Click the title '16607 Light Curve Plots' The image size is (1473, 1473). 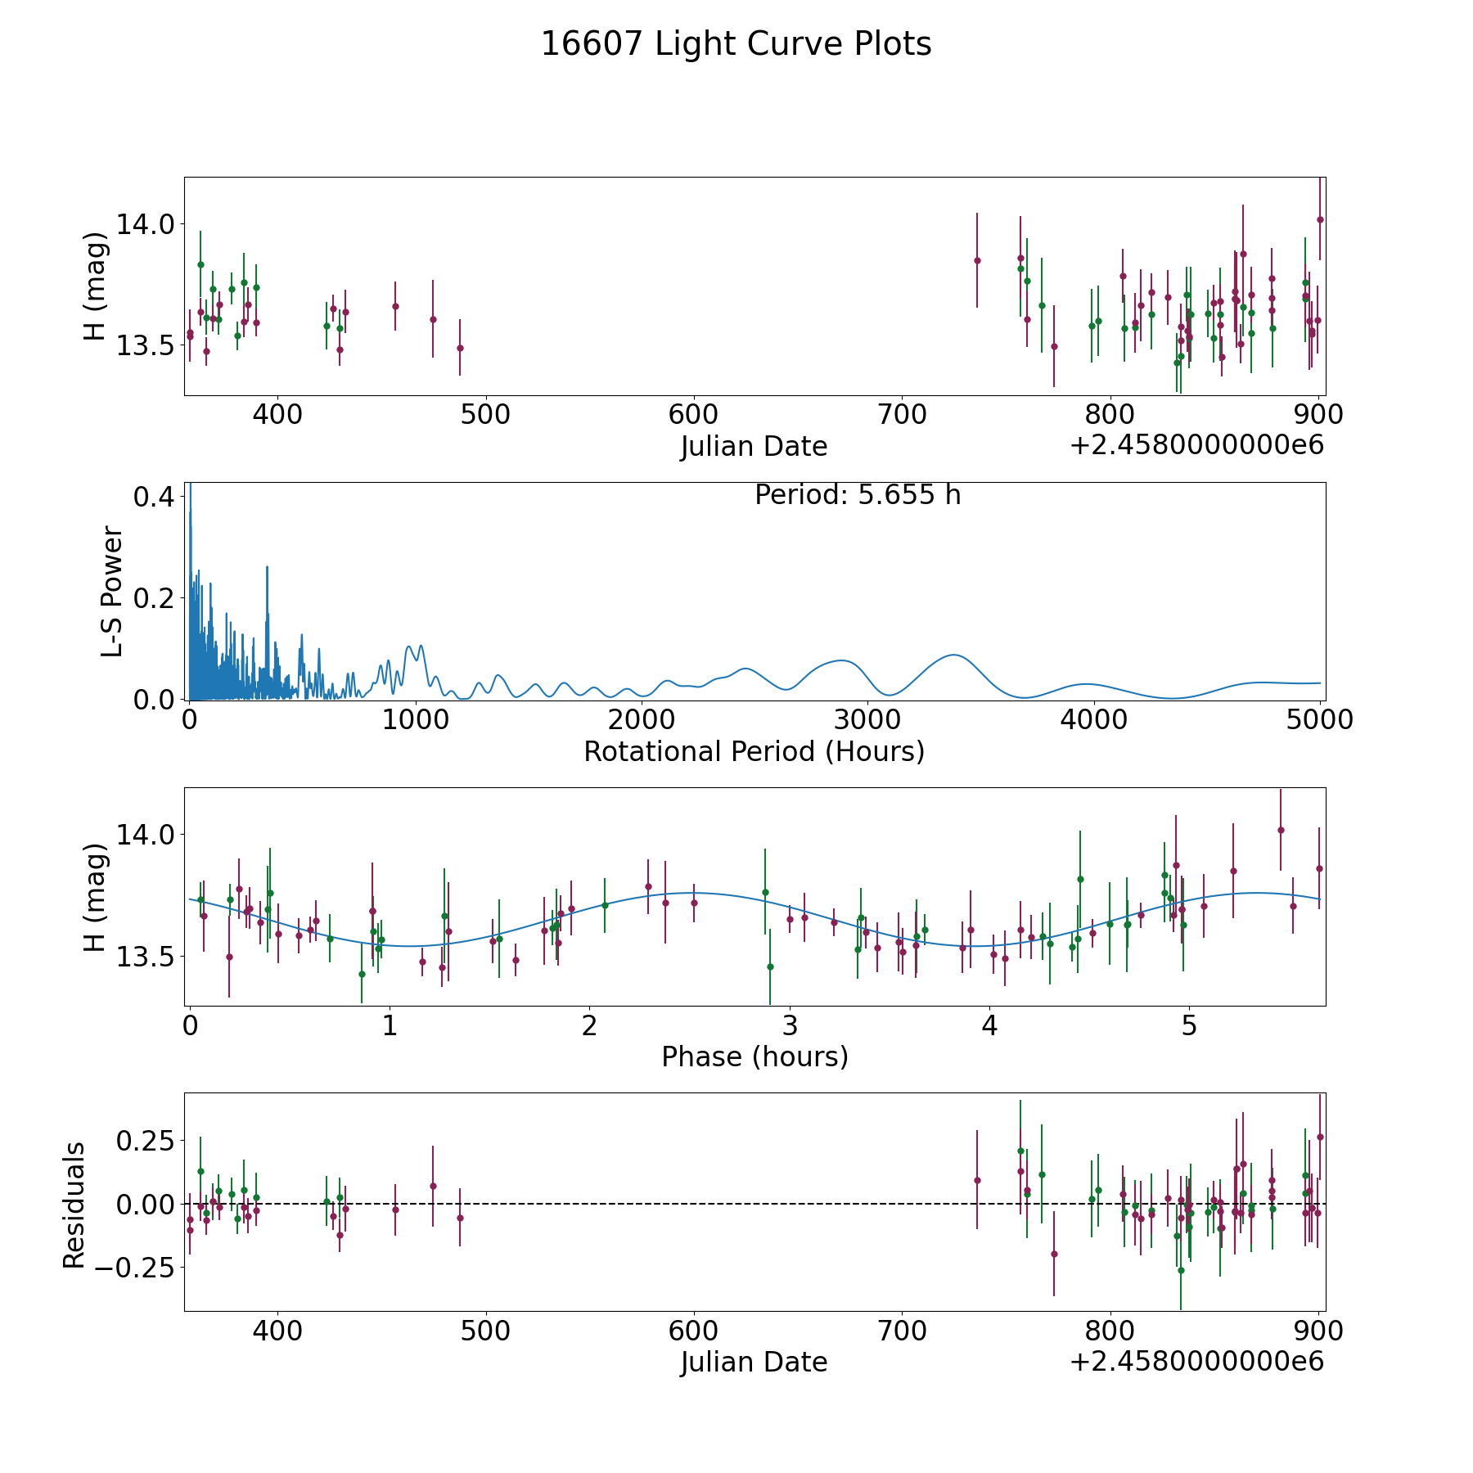736,44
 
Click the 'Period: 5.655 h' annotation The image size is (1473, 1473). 858,495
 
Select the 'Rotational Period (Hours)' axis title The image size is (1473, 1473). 754,751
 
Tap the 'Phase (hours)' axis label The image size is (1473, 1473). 755,1056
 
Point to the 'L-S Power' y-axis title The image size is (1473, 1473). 112,592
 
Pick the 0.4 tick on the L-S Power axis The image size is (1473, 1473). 155,497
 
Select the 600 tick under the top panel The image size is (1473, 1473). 693,415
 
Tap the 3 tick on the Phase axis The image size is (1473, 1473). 790,1026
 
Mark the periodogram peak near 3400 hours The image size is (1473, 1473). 953,655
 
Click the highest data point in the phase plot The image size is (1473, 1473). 1281,830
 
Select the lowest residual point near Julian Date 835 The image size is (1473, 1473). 1181,1270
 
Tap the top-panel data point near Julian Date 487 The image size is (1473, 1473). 460,348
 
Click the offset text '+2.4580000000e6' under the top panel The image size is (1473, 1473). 1196,445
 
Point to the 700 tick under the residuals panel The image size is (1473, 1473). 901,1331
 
